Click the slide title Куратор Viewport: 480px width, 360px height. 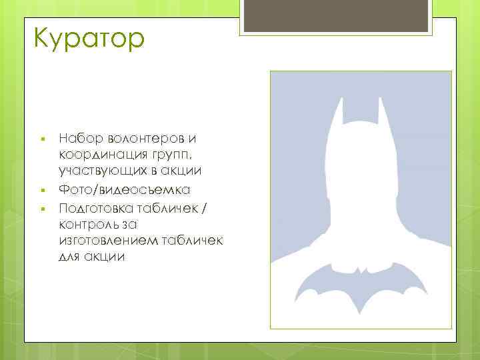(87, 38)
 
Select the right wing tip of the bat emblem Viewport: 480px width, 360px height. (423, 293)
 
